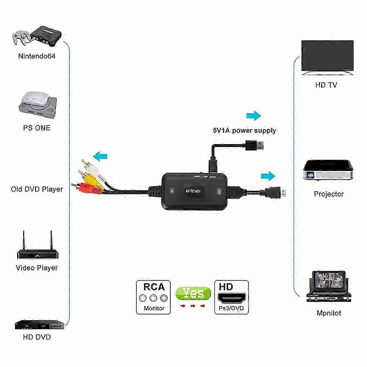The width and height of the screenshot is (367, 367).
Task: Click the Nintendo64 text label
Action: coord(37,56)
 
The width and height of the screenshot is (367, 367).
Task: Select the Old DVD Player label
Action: coord(37,189)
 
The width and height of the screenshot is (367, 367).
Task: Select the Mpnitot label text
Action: coord(329,313)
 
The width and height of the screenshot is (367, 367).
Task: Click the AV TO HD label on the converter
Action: coord(193,191)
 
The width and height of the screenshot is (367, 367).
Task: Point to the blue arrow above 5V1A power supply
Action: coord(254,116)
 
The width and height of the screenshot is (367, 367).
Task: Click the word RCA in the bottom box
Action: coord(154,287)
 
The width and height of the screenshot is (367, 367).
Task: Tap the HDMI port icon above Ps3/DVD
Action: coord(232,298)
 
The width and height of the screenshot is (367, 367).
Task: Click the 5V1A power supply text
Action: coord(244,131)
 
